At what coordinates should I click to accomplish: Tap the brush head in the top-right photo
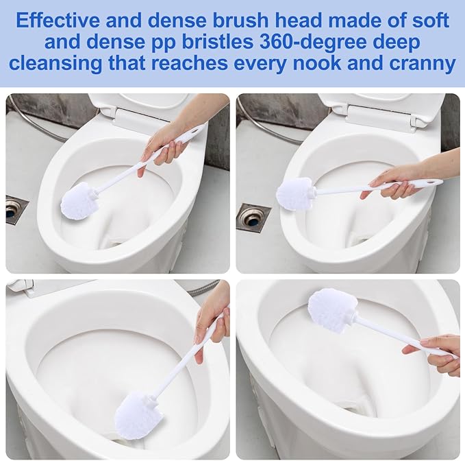click(x=294, y=193)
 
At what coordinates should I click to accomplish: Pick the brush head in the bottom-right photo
click(x=331, y=309)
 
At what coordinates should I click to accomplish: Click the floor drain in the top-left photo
click(x=16, y=209)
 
